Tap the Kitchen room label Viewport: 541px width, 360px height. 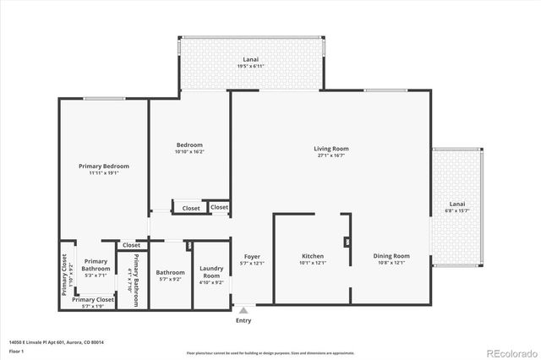(x=313, y=255)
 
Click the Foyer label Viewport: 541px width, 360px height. (x=253, y=256)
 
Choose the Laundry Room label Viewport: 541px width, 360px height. (x=211, y=272)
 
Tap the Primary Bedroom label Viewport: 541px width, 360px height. (x=103, y=166)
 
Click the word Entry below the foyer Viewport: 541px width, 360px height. (x=243, y=320)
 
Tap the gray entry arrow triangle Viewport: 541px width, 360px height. (x=243, y=310)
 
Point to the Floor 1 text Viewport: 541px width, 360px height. (x=16, y=351)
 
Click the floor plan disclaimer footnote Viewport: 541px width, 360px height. (x=270, y=352)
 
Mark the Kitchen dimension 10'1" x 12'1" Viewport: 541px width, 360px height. (x=313, y=263)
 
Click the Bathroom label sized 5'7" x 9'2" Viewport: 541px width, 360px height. (x=170, y=275)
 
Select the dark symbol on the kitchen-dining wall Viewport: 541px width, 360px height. (x=347, y=242)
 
